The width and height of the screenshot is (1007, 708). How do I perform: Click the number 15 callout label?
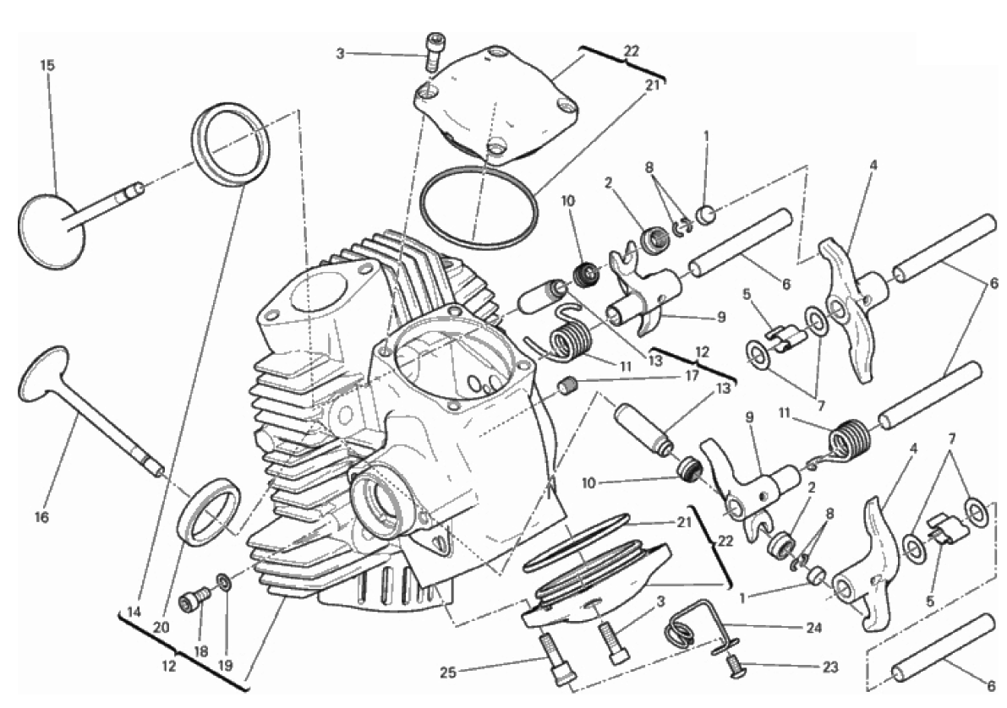[47, 65]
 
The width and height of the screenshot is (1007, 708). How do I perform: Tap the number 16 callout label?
[41, 517]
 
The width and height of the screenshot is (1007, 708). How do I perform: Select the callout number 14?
[134, 613]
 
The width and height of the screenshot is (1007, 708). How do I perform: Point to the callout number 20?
[161, 627]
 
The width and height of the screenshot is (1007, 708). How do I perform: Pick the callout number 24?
[813, 628]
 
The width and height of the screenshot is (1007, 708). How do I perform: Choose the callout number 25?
[448, 673]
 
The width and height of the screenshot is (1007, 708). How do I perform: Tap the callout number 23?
[830, 667]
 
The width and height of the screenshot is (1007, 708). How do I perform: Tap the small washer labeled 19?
[224, 582]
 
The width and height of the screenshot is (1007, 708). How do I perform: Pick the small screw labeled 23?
[732, 665]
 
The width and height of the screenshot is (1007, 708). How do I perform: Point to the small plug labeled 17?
[567, 386]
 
